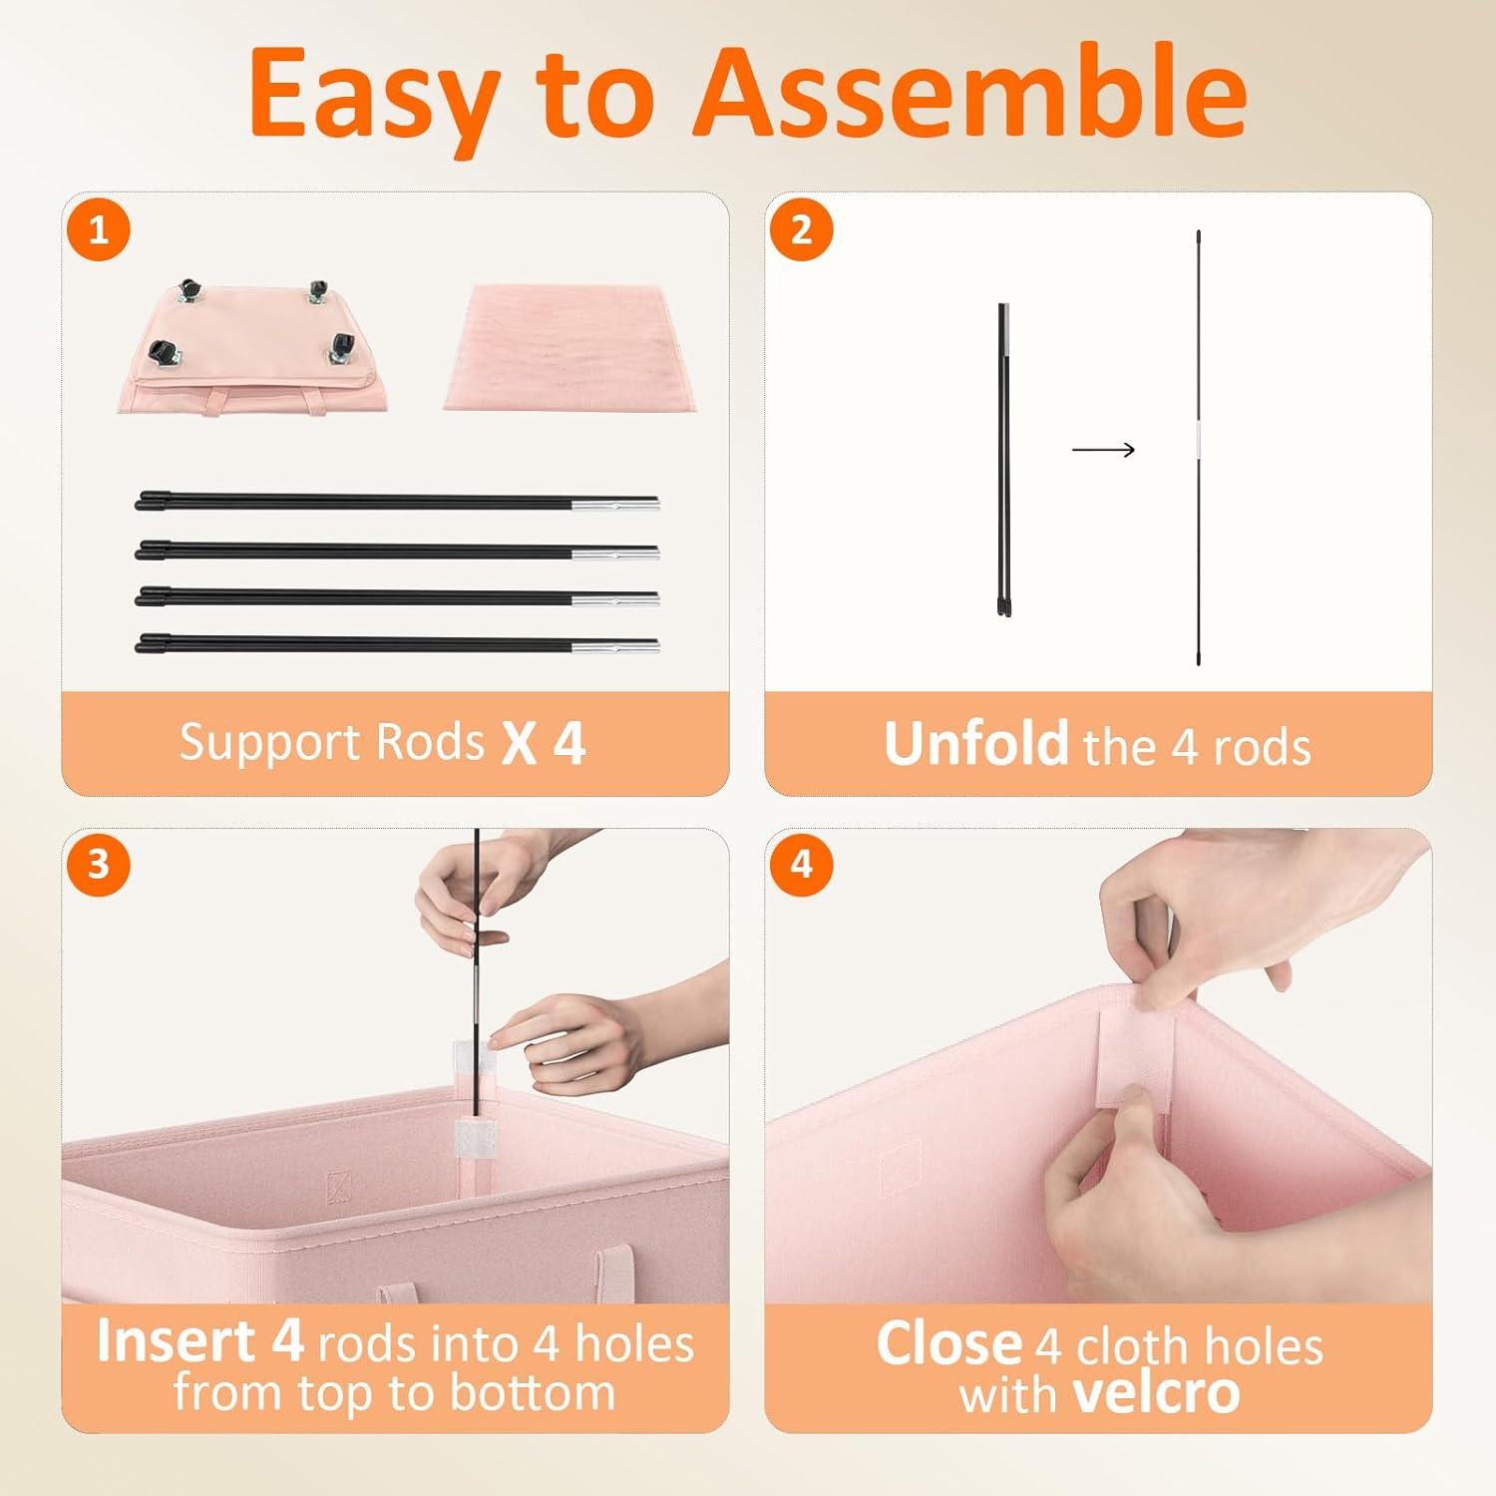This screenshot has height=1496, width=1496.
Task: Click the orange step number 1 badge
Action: coord(99,230)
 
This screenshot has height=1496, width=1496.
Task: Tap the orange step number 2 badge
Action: coord(802,230)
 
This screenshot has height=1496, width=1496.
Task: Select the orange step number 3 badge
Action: coord(99,864)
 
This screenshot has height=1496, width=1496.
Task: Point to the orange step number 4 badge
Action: coord(802,864)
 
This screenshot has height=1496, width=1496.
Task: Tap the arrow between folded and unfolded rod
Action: coord(1103,450)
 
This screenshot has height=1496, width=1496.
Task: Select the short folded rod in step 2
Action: coord(1004,459)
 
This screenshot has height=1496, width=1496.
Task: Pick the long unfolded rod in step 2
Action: coord(1198,448)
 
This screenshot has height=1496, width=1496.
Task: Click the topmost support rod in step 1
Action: coord(397,502)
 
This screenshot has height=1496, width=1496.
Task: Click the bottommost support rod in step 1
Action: coord(397,644)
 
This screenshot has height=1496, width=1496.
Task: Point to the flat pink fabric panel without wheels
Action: coord(570,347)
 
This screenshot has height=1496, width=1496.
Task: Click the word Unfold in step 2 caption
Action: coord(976,744)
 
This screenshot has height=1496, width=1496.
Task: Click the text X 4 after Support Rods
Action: coord(544,743)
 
